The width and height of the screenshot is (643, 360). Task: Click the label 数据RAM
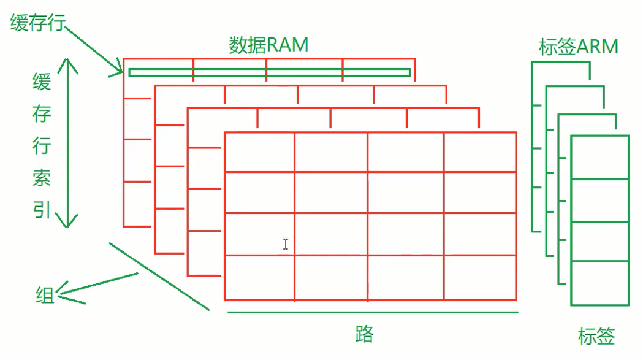coord(268,45)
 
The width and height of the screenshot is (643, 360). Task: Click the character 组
coord(45,296)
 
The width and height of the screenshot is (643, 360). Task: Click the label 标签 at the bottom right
coord(596,336)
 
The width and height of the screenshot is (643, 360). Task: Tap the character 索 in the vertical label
coord(42,178)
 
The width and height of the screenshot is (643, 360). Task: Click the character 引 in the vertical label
coord(42,210)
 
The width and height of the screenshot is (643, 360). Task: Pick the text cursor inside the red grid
coord(286,244)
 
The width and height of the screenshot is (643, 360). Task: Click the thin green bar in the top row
coord(269,72)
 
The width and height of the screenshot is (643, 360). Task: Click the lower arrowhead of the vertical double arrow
coord(68,221)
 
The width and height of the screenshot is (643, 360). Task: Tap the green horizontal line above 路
coord(373,312)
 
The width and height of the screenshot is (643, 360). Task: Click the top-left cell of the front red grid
coord(259,152)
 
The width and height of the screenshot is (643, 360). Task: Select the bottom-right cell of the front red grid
coord(480,278)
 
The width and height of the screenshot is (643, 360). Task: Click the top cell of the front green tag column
coord(599,157)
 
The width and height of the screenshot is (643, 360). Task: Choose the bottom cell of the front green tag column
coord(599,283)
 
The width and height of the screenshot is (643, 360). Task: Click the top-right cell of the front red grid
coord(480,152)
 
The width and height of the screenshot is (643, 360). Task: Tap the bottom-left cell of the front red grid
coord(259,278)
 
